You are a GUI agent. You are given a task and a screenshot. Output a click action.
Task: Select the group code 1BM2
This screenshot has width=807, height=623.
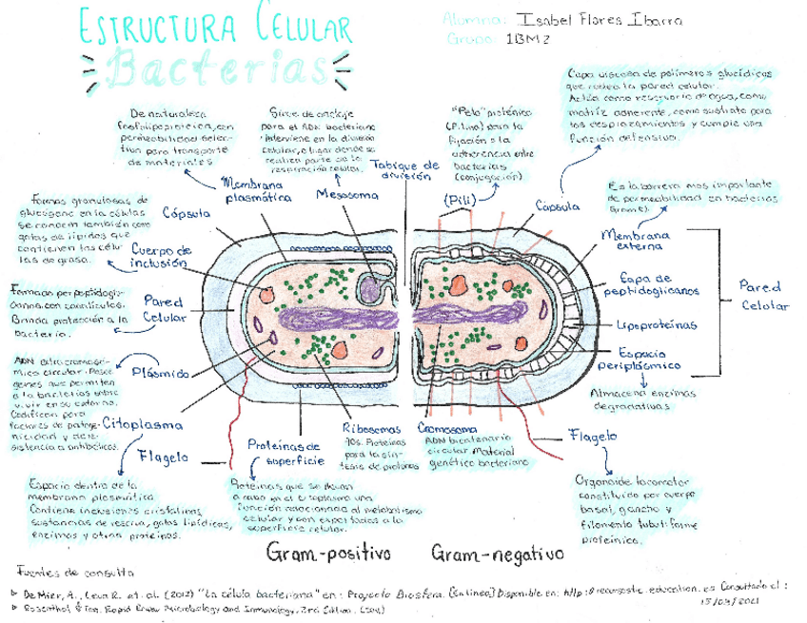click(530, 40)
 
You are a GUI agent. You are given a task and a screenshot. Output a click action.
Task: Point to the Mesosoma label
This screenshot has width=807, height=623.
click(347, 195)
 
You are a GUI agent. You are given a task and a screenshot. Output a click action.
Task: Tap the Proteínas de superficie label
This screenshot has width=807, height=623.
click(285, 452)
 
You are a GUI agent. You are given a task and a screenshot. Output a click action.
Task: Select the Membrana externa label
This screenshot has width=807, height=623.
click(636, 241)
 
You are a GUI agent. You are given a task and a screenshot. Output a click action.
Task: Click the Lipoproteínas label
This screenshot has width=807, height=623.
click(657, 325)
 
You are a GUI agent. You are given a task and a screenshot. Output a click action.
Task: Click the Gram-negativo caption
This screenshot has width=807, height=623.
click(497, 552)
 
